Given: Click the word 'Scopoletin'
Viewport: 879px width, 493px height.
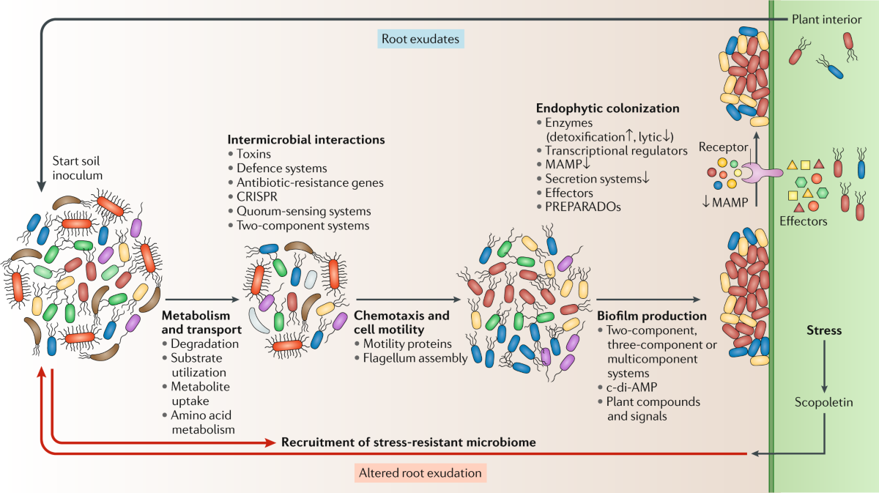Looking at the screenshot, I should [x=824, y=402].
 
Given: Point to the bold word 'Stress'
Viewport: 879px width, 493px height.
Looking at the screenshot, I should [x=824, y=330].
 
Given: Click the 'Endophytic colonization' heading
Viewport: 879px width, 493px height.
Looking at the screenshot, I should [x=608, y=108].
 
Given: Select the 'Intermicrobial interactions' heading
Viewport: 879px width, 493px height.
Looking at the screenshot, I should [x=306, y=139].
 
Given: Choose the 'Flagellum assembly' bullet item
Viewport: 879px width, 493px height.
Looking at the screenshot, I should [x=405, y=358].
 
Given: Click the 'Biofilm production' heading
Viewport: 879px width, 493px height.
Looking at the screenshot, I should [x=651, y=316].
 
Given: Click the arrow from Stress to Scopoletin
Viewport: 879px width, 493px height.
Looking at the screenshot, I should [x=825, y=366].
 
